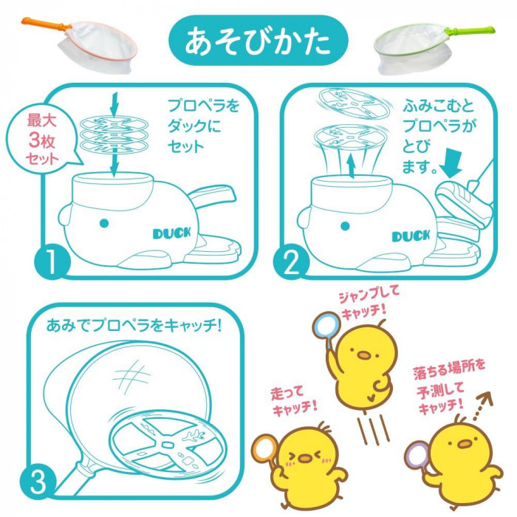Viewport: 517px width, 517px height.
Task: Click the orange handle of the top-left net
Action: pos(46,24)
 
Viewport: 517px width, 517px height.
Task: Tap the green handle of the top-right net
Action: pos(470,31)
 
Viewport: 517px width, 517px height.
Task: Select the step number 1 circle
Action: pos(52,261)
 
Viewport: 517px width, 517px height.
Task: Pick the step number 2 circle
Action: pos(291,261)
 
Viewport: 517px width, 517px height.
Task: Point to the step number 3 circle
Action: pos(38,482)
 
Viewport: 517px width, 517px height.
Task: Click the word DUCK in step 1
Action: pos(172,233)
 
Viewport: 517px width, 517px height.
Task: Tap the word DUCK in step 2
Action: pos(411,236)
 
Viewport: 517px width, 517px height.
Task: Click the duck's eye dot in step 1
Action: pos(104,223)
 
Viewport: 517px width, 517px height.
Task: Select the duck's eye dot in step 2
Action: pos(345,226)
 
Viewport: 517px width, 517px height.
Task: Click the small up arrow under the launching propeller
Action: pos(352,167)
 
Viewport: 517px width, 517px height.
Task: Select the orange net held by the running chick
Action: pos(264,448)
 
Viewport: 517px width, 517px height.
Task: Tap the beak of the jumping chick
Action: pos(364,355)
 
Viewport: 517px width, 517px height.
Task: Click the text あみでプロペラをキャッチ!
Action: pos(134,326)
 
